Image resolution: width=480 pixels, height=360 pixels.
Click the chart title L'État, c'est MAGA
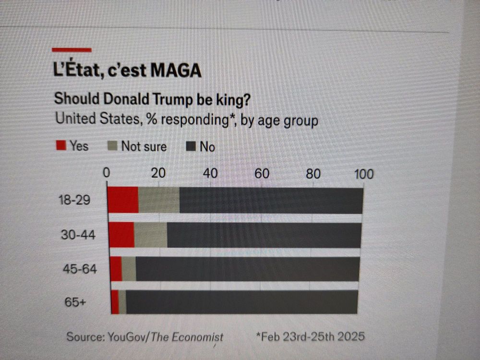127,70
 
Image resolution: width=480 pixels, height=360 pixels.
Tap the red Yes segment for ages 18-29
123,200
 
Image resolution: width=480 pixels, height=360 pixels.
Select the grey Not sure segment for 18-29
159,200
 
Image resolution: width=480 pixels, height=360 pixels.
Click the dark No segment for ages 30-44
264,235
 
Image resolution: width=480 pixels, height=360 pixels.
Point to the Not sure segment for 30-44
151,235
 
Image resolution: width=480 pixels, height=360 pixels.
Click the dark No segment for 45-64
247,269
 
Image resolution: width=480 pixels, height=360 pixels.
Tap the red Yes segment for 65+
115,302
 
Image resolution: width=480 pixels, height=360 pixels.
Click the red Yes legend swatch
61,145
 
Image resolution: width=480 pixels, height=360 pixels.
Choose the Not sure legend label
144,146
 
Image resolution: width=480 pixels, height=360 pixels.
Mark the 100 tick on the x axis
363,174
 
